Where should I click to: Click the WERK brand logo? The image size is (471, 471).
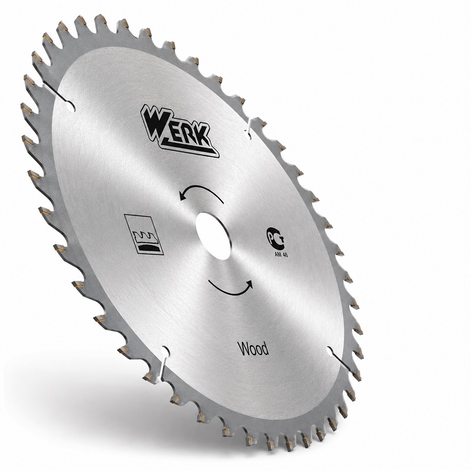[180, 131]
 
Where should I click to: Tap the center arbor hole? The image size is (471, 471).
[214, 236]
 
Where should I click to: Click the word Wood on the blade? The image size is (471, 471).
[253, 349]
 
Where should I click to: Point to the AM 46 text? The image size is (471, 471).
[281, 254]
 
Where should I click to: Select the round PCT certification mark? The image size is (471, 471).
[276, 238]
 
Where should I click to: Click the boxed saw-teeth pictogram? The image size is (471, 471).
[144, 234]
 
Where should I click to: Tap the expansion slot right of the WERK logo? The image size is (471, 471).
[250, 128]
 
